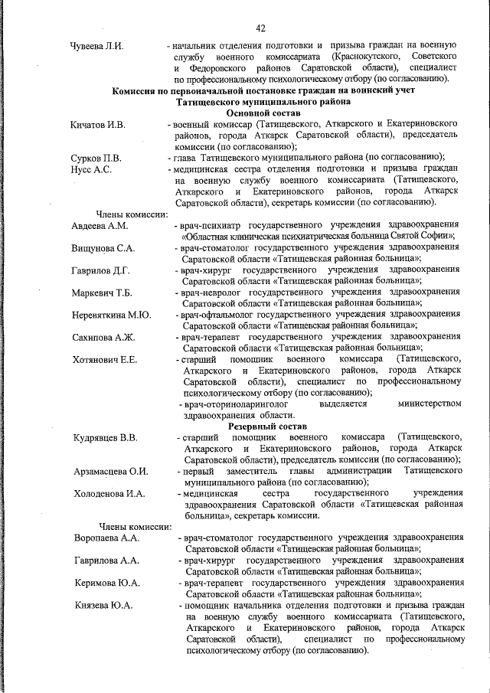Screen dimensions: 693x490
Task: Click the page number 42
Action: click(260, 28)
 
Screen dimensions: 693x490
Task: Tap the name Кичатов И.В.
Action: click(99, 124)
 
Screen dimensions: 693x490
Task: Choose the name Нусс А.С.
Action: click(90, 169)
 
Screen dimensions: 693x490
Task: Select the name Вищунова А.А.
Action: click(104, 249)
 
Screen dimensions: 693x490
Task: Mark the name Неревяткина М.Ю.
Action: click(112, 315)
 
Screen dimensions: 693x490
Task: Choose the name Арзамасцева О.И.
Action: click(111, 471)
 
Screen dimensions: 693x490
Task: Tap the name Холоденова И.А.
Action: click(109, 493)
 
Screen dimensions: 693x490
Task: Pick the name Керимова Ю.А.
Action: click(107, 583)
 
